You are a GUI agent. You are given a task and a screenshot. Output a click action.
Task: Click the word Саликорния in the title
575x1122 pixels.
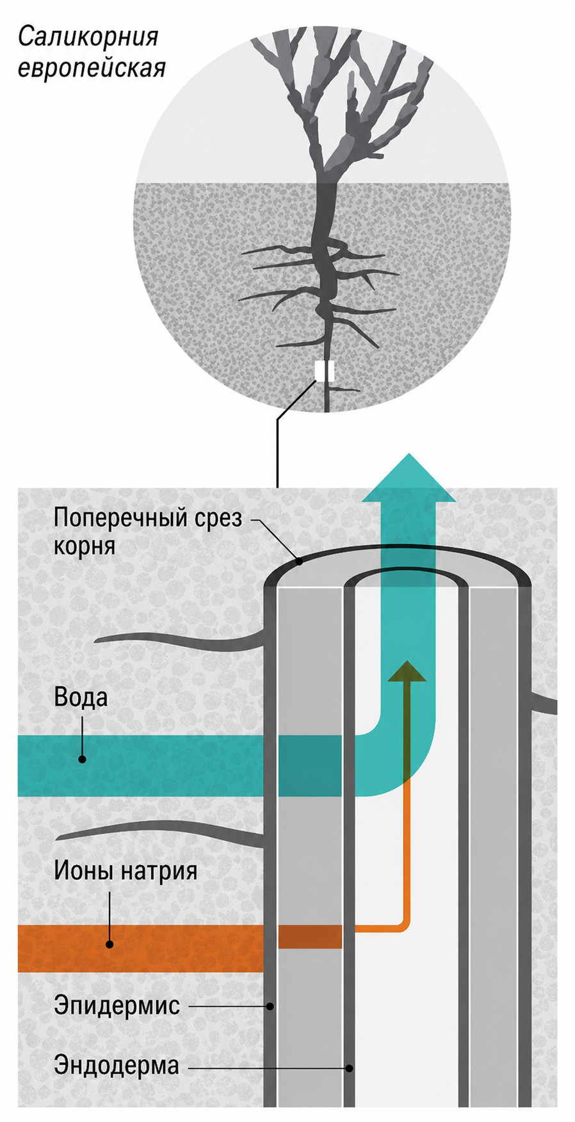88,37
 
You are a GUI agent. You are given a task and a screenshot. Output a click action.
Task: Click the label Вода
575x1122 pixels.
81,697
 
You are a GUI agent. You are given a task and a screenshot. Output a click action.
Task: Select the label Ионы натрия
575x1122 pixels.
126,871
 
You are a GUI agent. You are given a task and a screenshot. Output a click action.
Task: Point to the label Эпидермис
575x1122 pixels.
117,1005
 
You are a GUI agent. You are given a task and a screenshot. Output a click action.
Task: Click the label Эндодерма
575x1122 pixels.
117,1065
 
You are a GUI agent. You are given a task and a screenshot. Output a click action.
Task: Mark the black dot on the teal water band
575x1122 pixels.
82,759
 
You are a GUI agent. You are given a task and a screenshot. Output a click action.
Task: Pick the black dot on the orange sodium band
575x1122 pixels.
109,944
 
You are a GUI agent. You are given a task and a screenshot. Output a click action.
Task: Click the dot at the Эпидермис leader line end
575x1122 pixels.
270,1006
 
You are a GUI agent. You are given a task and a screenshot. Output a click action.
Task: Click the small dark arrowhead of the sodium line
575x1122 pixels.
406,670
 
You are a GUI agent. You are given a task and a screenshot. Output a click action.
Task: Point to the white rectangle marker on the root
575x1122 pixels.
325,371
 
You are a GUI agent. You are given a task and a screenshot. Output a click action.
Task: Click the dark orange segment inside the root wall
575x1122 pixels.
310,936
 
